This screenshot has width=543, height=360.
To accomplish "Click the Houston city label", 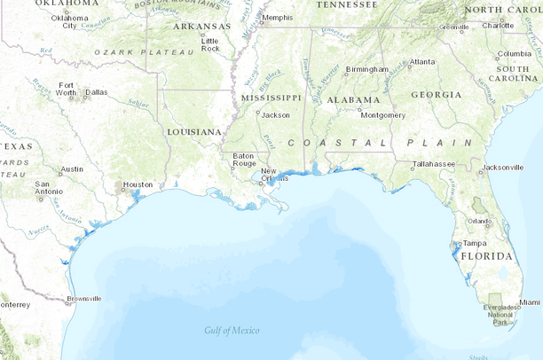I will (138, 184).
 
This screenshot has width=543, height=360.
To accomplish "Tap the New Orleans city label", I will (274, 175).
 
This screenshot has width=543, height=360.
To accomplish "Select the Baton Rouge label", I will (244, 160).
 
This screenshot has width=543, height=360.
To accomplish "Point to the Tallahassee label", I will (434, 164).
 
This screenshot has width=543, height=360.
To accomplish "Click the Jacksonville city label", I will (503, 167).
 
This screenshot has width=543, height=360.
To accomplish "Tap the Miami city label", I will (529, 302).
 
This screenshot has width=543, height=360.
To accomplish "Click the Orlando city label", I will (480, 222).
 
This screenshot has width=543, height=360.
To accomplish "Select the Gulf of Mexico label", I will (232, 331).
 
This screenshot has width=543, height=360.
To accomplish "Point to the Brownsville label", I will (84, 299).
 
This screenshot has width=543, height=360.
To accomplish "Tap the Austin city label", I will (72, 168).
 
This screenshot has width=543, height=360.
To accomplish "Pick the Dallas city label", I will (96, 91).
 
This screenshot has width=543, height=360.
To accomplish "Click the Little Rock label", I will (210, 44).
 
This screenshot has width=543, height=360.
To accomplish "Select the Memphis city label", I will (277, 18).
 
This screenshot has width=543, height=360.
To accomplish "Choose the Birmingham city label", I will (367, 69).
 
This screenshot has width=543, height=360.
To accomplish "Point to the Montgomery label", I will (383, 114).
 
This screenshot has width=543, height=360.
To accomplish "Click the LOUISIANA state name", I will (193, 132).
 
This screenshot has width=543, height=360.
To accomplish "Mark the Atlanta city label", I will (421, 62).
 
